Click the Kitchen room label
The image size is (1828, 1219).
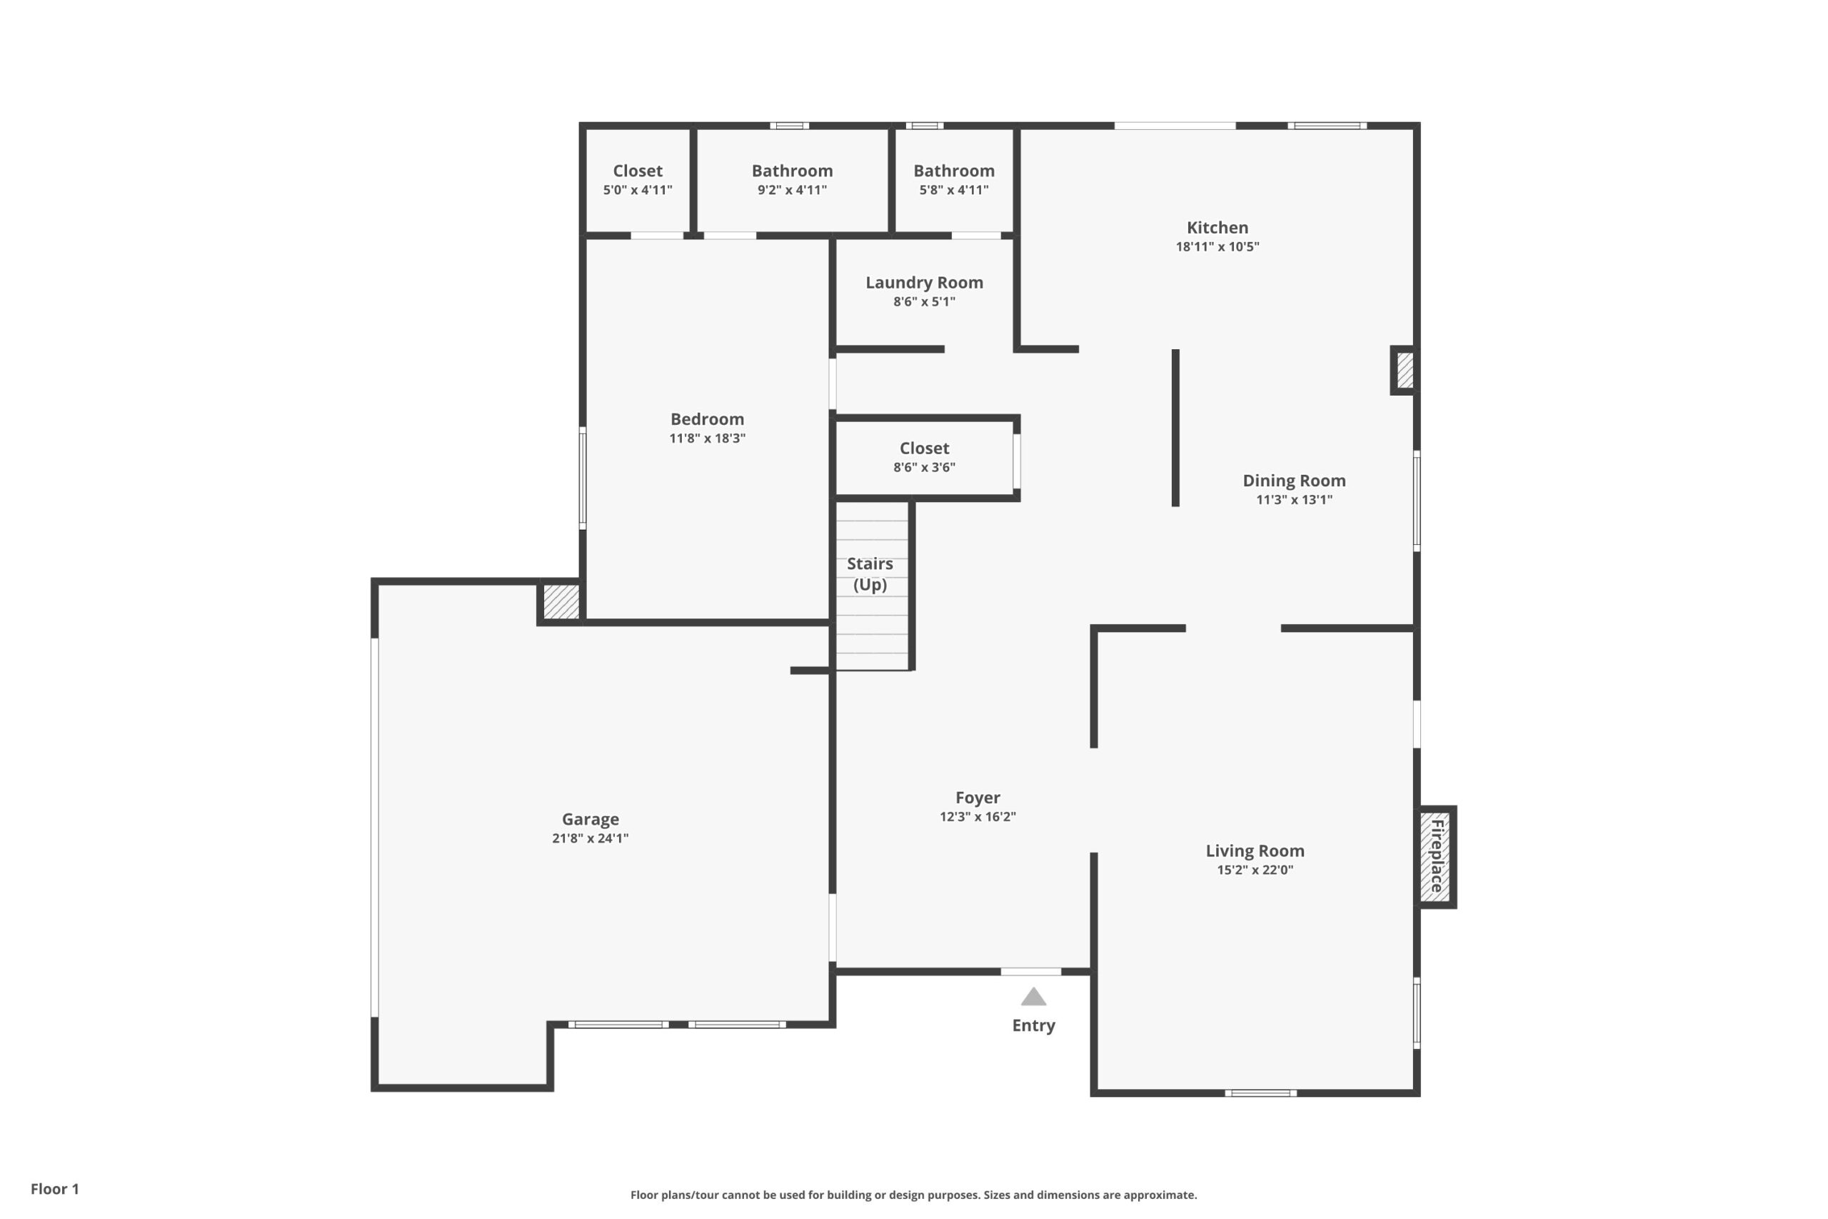point(1217,228)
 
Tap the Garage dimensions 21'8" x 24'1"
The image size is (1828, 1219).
point(590,838)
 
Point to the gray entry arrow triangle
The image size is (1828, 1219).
point(1033,997)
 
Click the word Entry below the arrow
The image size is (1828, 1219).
point(1033,1025)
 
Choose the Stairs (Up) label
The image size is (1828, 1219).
point(870,573)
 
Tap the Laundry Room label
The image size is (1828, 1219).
point(924,283)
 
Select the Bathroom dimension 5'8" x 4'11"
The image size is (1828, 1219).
point(954,191)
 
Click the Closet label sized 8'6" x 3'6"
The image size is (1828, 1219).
point(924,448)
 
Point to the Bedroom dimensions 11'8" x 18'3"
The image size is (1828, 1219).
point(707,438)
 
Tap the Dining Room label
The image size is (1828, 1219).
point(1294,481)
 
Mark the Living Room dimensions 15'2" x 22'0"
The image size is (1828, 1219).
point(1255,870)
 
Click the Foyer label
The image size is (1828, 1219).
point(977,798)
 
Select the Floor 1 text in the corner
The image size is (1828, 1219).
point(54,1189)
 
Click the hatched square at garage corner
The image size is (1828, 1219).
point(561,601)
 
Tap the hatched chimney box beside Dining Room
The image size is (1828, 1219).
point(1405,371)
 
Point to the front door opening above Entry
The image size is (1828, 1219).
point(1030,972)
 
